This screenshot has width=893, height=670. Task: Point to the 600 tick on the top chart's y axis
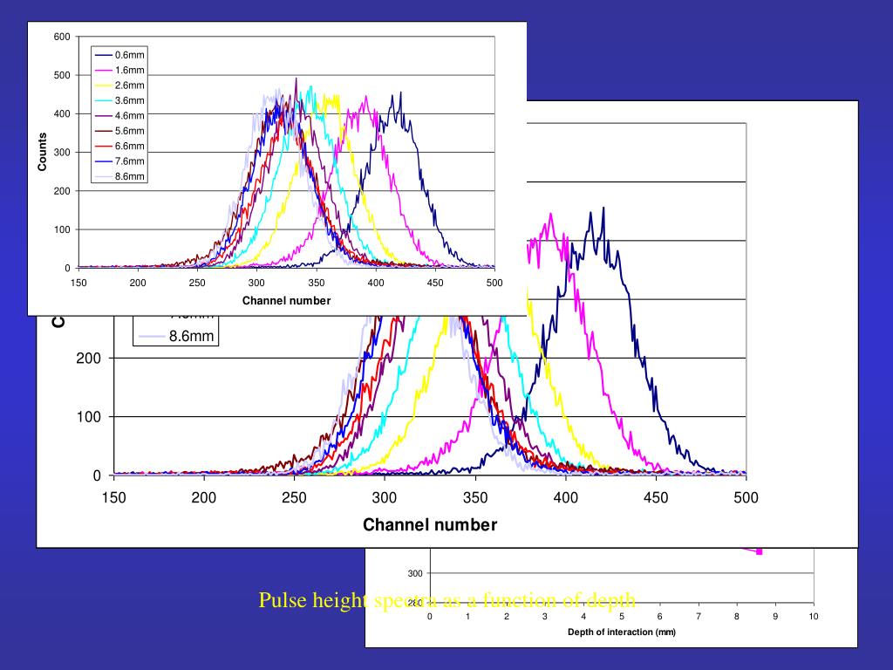(62, 37)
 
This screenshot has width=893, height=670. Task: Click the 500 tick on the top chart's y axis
(62, 75)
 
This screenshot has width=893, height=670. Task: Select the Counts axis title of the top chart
(42, 152)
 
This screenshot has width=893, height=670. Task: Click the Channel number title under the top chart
(286, 301)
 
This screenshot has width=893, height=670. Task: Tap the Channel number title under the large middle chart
(430, 525)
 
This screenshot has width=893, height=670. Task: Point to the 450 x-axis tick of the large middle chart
(656, 498)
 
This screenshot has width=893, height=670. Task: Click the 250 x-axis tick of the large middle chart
(295, 498)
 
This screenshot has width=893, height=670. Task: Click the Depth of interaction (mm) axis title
(621, 632)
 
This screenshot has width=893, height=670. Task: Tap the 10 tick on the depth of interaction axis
(813, 617)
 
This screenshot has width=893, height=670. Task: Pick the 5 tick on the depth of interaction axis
(622, 617)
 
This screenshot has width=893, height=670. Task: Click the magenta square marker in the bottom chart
(760, 550)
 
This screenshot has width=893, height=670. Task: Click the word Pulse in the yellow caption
(278, 601)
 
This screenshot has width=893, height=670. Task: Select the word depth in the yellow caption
(614, 601)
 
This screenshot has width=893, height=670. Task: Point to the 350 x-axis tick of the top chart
(316, 283)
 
